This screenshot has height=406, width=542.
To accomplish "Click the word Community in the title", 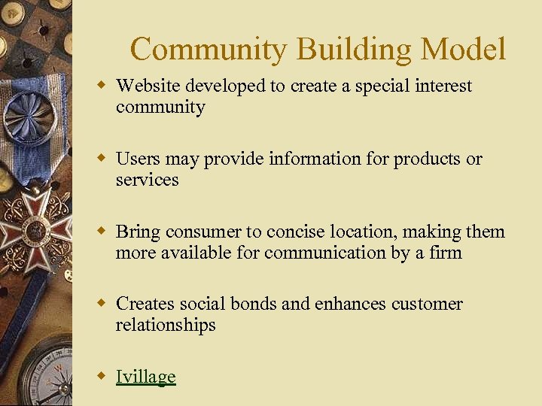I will [x=209, y=50].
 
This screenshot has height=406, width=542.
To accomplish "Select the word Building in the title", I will [x=354, y=50].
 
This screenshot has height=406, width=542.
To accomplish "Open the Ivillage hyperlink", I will [x=145, y=377].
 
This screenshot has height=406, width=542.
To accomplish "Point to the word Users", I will [x=138, y=159].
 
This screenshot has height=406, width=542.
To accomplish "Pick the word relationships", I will [x=166, y=325].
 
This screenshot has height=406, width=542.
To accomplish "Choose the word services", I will [x=147, y=180].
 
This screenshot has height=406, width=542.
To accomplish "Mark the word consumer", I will [x=204, y=232].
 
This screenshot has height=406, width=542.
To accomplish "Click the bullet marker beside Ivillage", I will [x=103, y=376].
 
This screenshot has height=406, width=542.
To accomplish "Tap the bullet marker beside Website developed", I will [x=103, y=85].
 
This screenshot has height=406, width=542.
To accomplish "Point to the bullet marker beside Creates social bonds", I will [x=103, y=303].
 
